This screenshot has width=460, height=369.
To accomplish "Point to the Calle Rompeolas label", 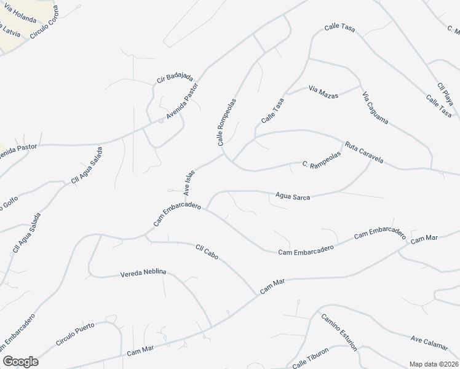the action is coord(226,121).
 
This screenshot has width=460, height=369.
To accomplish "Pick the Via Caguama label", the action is coord(375,108).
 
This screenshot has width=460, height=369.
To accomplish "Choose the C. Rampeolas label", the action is coord(321,164).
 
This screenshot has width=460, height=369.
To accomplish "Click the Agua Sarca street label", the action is coord(293,197).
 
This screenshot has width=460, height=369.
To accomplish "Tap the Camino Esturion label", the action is coord(338,331).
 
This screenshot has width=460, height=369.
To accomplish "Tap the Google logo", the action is coord(20,362).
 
